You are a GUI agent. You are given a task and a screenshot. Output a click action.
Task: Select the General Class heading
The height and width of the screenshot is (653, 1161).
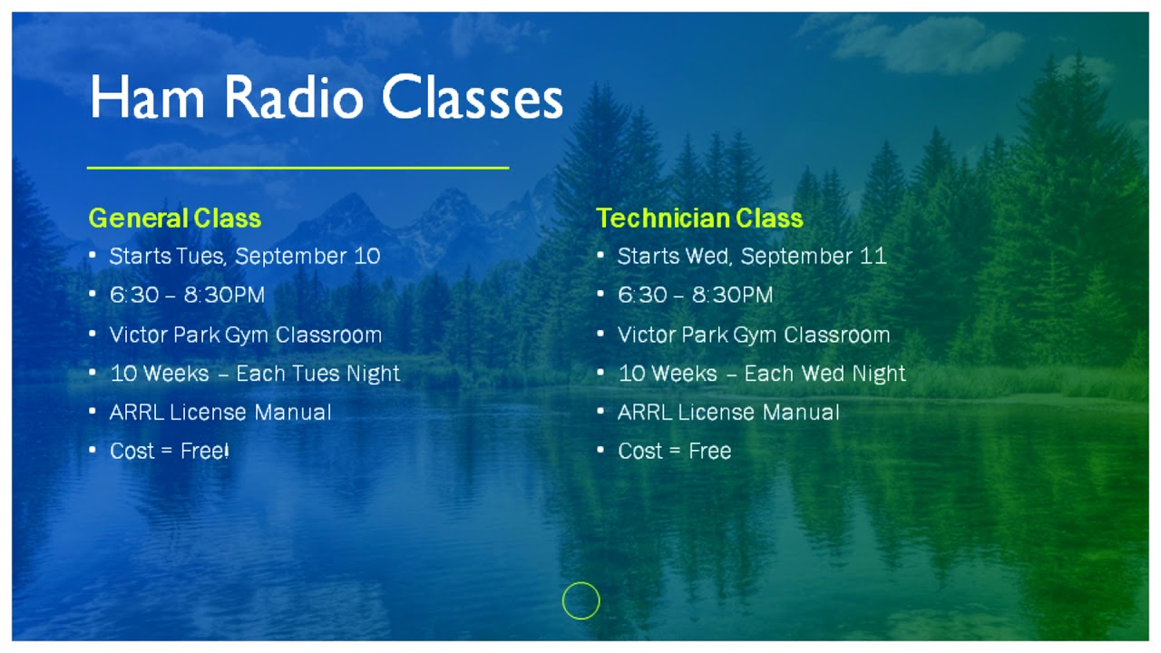coord(174,219)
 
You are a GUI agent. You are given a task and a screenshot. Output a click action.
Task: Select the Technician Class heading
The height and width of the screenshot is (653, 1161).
coord(699,219)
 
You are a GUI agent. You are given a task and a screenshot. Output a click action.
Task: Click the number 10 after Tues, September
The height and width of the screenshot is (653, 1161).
coord(367,256)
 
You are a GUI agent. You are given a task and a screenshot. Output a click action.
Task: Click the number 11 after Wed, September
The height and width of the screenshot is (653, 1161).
coord(873,256)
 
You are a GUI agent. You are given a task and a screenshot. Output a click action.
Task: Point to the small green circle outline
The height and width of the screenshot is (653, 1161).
coord(580,600)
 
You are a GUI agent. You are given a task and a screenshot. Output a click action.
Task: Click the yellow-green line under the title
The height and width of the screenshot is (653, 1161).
coord(298,168)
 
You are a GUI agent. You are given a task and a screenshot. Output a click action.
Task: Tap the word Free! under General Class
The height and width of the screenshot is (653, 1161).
coord(205,451)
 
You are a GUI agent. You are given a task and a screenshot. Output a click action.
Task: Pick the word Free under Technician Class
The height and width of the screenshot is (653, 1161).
coord(709,451)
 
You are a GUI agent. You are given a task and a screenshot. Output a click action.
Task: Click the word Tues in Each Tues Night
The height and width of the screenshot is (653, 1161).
coord(315,374)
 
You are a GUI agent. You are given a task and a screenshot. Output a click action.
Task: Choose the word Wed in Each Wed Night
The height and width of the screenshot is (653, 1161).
coord(824,374)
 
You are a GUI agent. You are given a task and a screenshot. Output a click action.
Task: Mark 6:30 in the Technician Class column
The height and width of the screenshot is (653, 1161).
coord(641,296)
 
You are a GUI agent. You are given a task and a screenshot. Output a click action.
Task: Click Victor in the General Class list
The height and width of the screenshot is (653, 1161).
coord(136,335)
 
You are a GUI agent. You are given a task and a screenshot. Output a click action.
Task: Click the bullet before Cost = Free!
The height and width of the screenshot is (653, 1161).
coord(93,450)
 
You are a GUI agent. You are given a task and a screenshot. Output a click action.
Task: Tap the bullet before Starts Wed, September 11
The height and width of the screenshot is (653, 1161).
coord(600,256)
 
